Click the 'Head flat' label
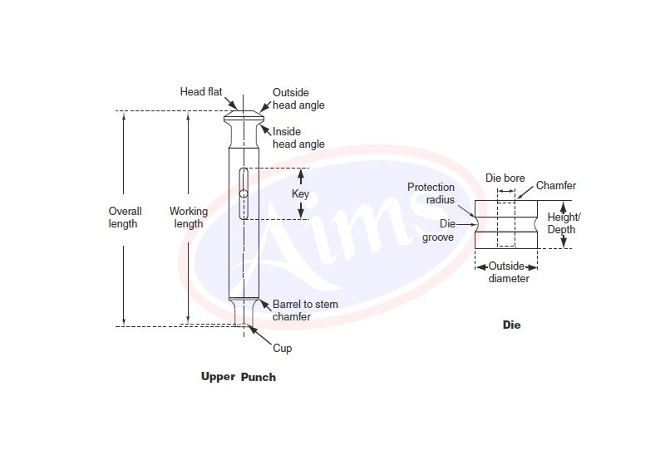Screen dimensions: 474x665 click(200, 92)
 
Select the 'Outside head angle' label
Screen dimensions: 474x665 click(298, 99)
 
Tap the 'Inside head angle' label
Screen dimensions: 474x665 click(298, 138)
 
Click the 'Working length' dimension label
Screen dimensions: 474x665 click(188, 217)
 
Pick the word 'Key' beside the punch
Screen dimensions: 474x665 click(300, 193)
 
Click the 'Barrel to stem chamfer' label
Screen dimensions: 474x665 click(305, 310)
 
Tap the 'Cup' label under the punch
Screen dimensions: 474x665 click(283, 349)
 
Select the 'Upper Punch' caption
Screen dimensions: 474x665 click(238, 377)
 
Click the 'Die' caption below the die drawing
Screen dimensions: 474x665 click(511, 325)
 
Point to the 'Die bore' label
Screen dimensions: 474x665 click(505, 178)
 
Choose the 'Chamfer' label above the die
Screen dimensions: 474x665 click(556, 186)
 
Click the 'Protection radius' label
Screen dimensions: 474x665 click(431, 193)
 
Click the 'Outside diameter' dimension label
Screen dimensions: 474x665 click(506, 272)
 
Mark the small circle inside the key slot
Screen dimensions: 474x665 click(243, 194)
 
